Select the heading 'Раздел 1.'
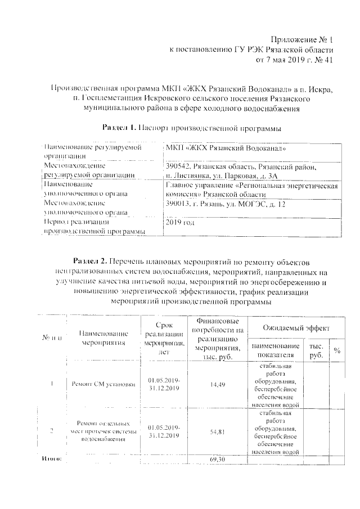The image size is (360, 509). pos(119,128)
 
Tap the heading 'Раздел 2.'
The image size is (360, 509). pos(91,262)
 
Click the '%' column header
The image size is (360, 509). pos(337,350)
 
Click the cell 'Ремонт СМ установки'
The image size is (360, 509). pos(103,385)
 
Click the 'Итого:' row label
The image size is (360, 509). pos(51,460)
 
